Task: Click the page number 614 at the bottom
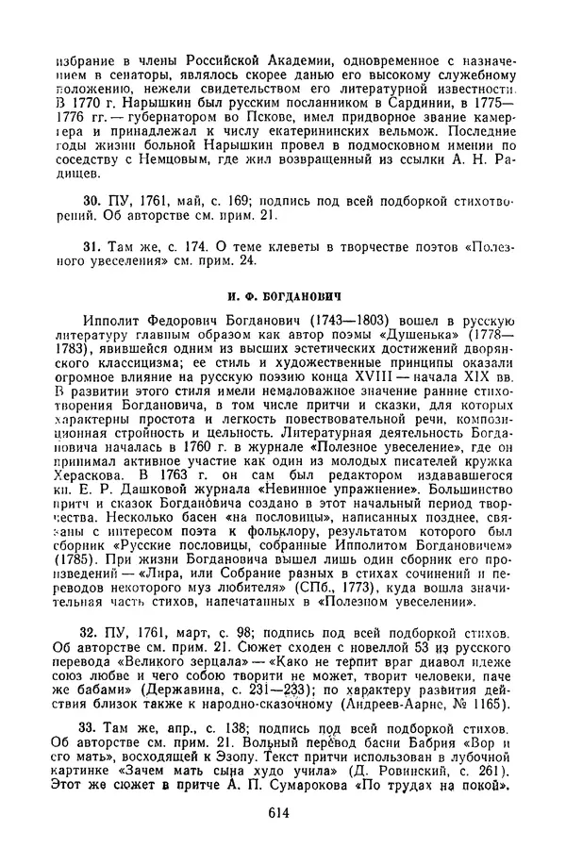(x=283, y=812)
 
